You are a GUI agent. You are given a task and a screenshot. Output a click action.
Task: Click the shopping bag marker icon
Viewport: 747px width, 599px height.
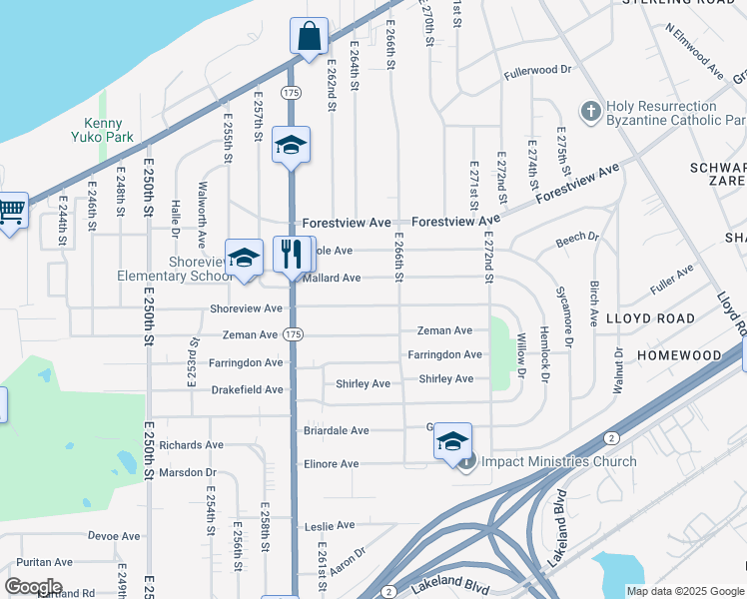(x=310, y=36)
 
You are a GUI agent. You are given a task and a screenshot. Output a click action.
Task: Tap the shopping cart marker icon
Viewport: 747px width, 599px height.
(x=11, y=212)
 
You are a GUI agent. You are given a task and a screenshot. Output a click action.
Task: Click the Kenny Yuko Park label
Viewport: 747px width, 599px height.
(x=102, y=129)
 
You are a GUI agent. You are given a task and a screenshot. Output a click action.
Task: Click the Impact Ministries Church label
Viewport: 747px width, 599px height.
(x=558, y=461)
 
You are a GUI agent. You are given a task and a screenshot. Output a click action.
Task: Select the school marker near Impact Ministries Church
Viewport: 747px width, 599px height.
(x=452, y=441)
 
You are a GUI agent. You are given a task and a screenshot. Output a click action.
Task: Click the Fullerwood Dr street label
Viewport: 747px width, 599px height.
(x=537, y=71)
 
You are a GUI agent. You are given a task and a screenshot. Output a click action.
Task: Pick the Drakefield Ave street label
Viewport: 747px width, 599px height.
(x=246, y=389)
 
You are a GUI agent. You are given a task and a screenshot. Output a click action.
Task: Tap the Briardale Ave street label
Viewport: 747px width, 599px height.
(x=336, y=431)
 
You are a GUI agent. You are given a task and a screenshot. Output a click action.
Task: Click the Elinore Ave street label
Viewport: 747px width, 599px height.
(x=331, y=464)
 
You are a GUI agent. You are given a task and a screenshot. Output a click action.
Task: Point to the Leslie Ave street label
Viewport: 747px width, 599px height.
(x=330, y=525)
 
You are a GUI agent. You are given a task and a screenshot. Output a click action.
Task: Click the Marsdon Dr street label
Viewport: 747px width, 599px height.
(x=188, y=472)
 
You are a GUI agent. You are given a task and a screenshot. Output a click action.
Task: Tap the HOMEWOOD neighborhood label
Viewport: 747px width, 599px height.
(x=679, y=355)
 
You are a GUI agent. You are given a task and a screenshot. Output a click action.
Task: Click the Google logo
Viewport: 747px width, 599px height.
(x=33, y=587)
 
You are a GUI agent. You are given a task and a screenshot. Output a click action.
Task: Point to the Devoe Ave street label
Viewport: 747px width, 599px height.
(x=114, y=536)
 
